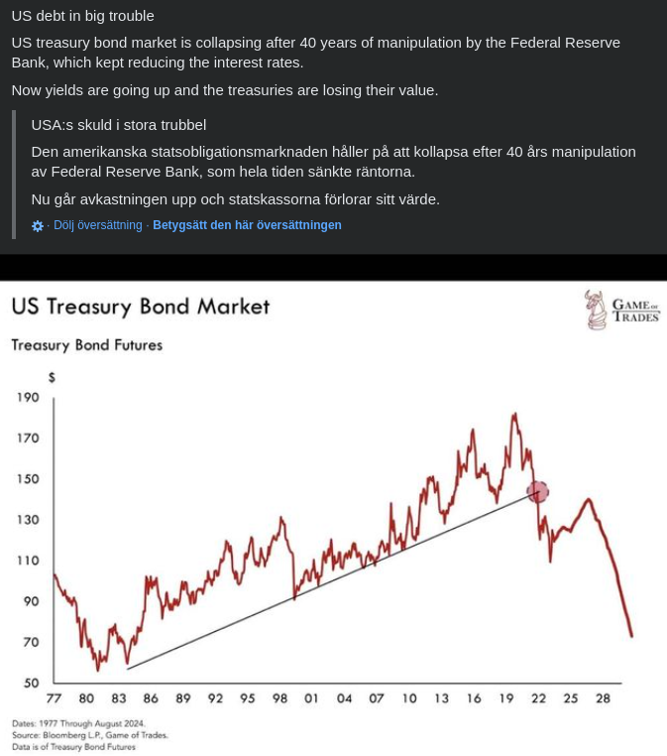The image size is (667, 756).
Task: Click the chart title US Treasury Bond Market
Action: [140, 307]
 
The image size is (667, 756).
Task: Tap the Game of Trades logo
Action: [621, 310]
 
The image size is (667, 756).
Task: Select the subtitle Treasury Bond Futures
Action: [86, 345]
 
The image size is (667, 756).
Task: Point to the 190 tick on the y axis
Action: [28, 397]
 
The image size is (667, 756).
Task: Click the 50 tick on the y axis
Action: [32, 683]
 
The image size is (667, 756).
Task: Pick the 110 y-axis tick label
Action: [28, 561]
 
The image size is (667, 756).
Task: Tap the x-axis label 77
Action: [54, 698]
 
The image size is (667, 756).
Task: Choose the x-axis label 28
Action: [603, 698]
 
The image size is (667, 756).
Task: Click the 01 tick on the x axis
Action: [311, 698]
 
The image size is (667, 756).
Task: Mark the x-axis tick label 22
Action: [538, 698]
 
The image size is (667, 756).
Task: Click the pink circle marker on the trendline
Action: [537, 491]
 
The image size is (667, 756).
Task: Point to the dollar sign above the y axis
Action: [52, 377]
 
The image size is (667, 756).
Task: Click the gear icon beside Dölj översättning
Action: [38, 226]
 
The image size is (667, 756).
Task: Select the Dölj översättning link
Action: [98, 225]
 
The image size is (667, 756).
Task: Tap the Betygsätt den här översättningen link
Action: [247, 225]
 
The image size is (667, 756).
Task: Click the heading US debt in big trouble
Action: [83, 16]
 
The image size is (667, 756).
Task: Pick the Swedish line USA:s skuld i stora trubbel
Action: [119, 125]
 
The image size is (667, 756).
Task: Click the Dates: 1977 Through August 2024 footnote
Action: [78, 723]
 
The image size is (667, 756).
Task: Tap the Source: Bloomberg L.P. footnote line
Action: [90, 735]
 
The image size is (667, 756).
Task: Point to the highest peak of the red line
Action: [513, 413]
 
